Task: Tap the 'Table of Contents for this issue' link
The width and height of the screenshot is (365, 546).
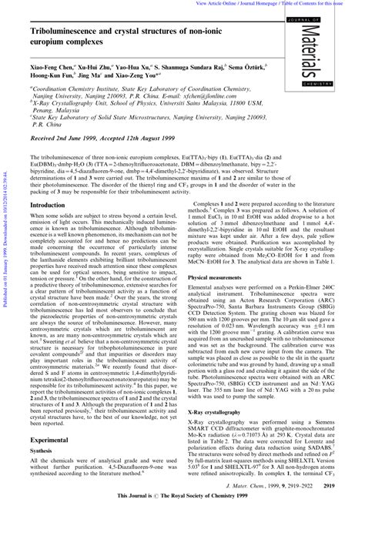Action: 323,4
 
